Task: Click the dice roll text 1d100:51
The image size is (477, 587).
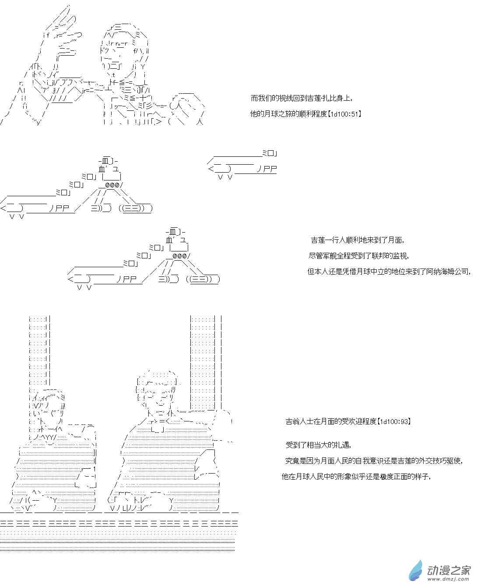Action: (344, 114)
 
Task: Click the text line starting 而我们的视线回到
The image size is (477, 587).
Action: (302, 98)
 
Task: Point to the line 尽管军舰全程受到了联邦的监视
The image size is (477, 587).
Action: (359, 256)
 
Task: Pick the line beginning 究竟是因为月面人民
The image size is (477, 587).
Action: (374, 460)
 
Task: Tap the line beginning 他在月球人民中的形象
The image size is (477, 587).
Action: (356, 476)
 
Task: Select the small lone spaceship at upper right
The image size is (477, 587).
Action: (242, 165)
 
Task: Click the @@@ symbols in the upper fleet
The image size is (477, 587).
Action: (114, 184)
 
